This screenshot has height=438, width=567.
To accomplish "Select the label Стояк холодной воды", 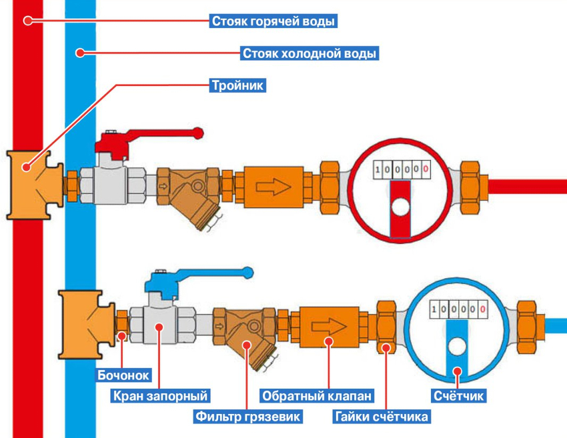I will pos(309,52).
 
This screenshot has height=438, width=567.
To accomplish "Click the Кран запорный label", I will pos(160,396).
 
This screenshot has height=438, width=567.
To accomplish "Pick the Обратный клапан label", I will pos(316,396).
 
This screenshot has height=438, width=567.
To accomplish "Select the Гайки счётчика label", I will pos(382,417).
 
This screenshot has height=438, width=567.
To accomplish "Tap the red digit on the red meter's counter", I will pos(425,170).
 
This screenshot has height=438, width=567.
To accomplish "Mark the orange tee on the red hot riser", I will pos(33,183).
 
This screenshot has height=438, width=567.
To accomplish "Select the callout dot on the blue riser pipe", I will pos(79,52).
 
